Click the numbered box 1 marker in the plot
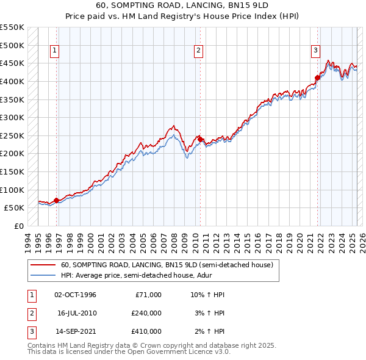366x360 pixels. [x=56, y=51]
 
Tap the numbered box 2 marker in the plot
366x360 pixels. [x=199, y=51]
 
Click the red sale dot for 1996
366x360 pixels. [x=56, y=200]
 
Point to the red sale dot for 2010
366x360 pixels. [x=200, y=139]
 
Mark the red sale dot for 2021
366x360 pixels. [x=317, y=77]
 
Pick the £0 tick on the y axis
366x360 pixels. [x=20, y=226]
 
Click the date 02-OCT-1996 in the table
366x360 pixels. [x=75, y=295]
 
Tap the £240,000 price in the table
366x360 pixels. [x=146, y=313]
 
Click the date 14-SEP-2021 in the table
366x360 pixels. [x=75, y=331]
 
